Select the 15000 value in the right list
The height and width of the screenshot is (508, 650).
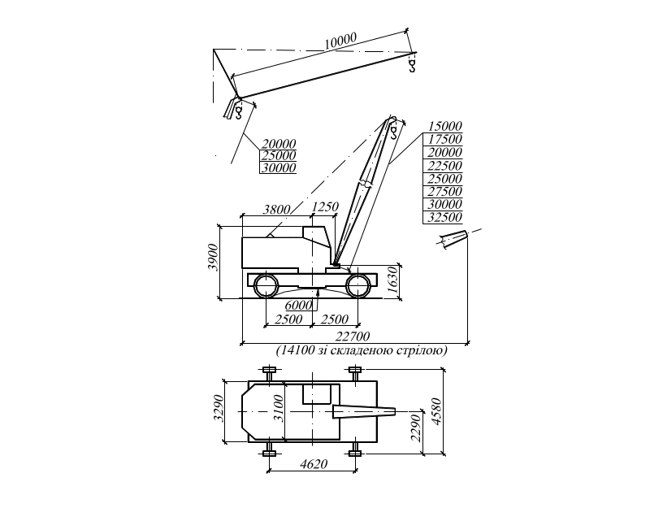444,126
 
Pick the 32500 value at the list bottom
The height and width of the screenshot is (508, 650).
444,218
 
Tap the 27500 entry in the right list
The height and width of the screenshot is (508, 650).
444,192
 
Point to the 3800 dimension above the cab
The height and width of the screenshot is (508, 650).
277,210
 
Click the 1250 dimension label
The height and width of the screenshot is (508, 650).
325,208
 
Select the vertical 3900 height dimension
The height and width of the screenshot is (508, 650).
213,257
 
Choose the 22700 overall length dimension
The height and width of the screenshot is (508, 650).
354,336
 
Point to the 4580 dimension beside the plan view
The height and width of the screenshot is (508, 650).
436,410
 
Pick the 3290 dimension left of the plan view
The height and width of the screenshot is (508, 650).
217,409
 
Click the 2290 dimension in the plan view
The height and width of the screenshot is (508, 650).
414,428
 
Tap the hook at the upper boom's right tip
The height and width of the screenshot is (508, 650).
413,63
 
